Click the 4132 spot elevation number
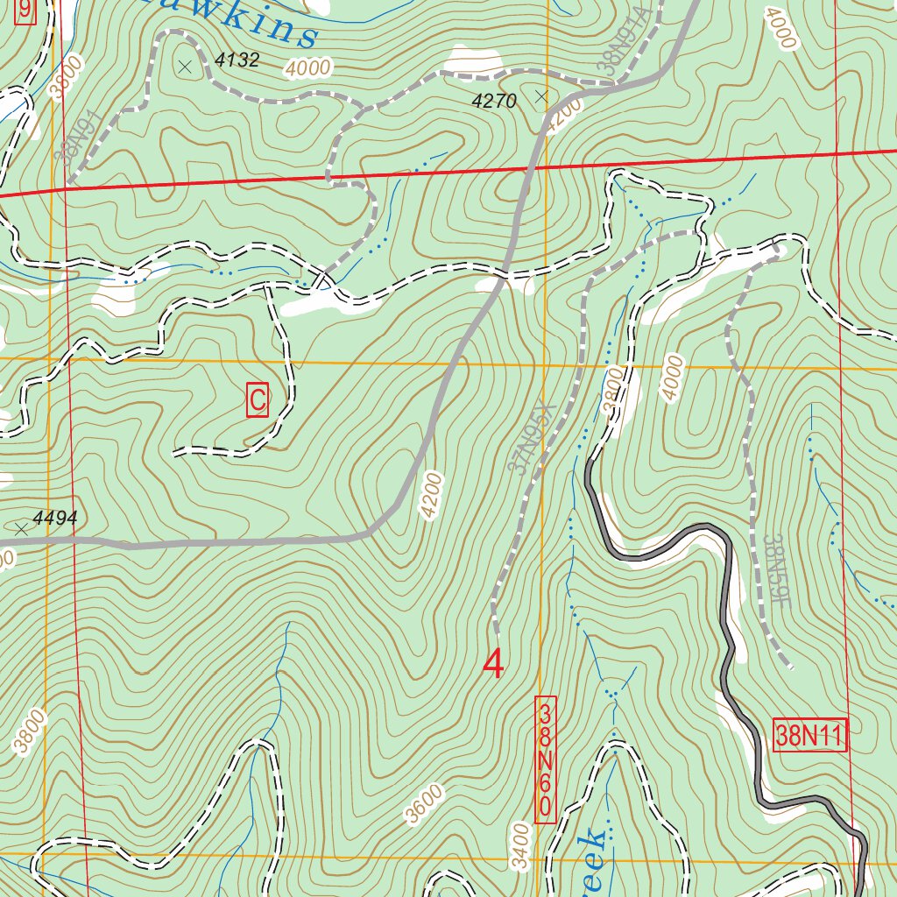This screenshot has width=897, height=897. tap(237, 60)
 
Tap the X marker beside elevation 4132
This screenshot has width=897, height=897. tap(185, 66)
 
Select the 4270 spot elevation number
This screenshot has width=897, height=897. tap(494, 102)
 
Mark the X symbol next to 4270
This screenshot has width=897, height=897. tap(541, 96)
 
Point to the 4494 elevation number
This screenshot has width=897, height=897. tap(55, 519)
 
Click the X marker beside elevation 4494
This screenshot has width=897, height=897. tap(21, 529)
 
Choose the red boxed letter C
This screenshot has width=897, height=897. tap(258, 400)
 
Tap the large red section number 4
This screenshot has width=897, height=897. tap(494, 664)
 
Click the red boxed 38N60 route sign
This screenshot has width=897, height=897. tap(545, 759)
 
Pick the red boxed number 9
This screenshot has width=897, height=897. tap(25, 11)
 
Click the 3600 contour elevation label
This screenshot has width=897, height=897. tap(425, 804)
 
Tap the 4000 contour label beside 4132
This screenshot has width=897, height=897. tap(307, 67)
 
